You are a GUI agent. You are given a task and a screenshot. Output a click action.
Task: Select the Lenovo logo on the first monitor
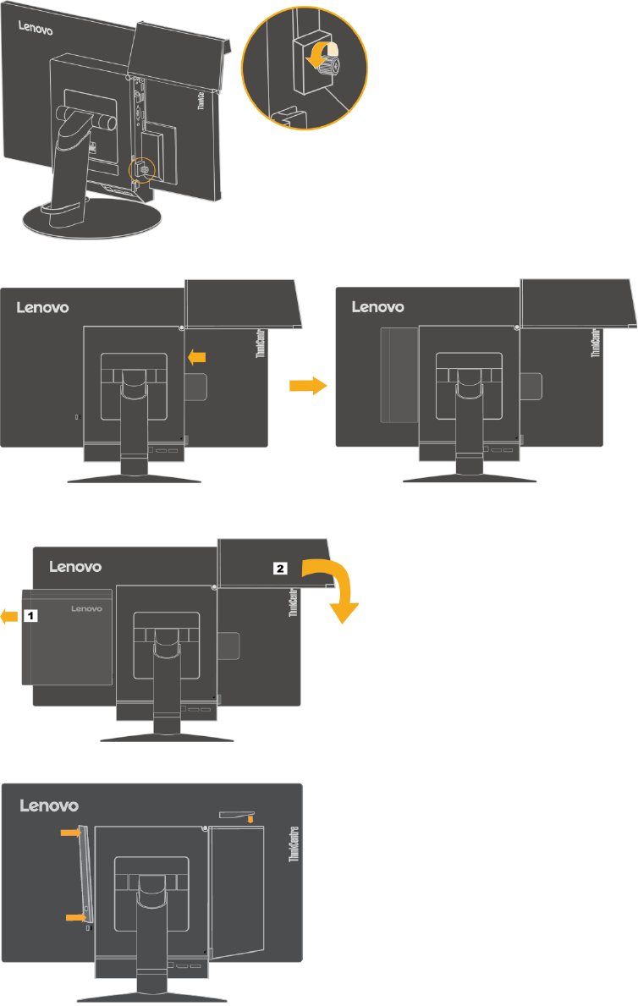[36, 31]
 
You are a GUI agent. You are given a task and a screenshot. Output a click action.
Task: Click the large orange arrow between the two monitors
[307, 386]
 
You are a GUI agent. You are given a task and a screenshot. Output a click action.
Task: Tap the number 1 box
[30, 617]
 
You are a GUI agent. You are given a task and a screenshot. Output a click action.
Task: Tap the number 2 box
[280, 569]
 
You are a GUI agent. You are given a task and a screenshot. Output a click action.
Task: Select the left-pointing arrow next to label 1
[9, 618]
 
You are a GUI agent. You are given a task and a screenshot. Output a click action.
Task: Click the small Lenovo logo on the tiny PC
[85, 607]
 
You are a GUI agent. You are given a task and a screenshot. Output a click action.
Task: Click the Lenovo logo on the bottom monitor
[50, 806]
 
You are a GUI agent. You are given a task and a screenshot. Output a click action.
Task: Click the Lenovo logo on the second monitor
[43, 307]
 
